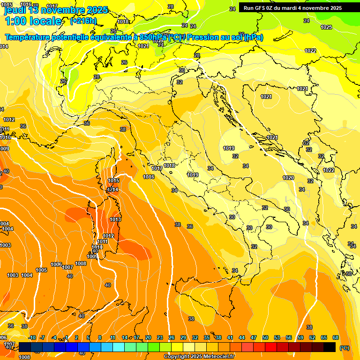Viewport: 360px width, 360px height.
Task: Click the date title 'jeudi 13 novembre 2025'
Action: click(x=56, y=10)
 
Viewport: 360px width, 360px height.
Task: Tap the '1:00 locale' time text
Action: click(x=33, y=21)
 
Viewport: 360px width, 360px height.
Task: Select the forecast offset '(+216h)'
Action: click(x=83, y=21)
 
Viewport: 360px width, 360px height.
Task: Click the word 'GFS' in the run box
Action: click(x=261, y=8)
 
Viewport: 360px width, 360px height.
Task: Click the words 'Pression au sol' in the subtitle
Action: click(x=220, y=37)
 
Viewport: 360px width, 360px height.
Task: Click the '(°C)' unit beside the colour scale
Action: click(x=344, y=348)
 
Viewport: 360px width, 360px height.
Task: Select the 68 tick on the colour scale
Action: click(x=336, y=337)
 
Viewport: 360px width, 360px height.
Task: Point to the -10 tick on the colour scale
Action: click(x=32, y=337)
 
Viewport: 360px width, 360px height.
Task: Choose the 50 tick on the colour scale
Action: click(x=265, y=337)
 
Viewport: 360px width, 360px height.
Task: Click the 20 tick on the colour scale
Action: click(x=148, y=337)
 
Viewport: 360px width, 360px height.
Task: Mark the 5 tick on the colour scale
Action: click(x=88, y=337)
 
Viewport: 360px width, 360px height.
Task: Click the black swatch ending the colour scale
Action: click(x=330, y=347)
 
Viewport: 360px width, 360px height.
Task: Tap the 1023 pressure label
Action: click(x=326, y=27)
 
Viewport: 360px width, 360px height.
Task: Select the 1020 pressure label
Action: click(x=288, y=178)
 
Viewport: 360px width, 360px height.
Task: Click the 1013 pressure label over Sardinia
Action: click(x=115, y=219)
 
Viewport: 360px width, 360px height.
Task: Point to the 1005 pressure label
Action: click(x=41, y=270)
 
